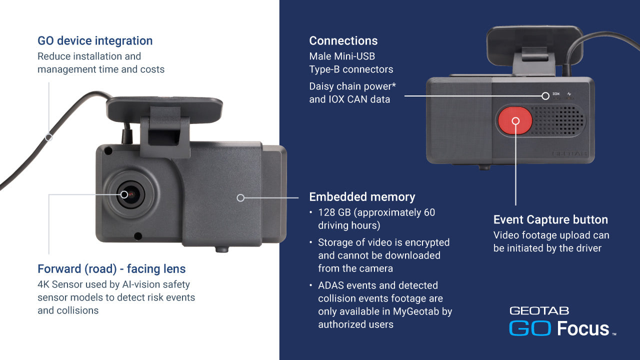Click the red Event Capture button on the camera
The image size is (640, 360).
(515, 120)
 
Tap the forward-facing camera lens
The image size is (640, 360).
(131, 194)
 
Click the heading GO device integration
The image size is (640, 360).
(95, 41)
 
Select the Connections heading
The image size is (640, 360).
(343, 41)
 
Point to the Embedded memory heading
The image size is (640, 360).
(362, 197)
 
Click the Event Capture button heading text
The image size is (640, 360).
(550, 219)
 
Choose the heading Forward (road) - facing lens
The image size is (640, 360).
(111, 269)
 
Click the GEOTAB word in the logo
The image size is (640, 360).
(539, 311)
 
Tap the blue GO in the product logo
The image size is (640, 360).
(530, 328)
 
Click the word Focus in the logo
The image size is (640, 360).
(583, 328)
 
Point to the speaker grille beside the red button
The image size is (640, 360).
(557, 120)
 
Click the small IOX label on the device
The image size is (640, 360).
(556, 93)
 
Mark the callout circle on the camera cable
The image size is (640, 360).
(49, 137)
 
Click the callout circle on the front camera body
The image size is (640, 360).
(240, 197)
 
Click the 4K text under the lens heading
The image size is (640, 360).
(43, 284)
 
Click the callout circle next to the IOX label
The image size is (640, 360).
(545, 96)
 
